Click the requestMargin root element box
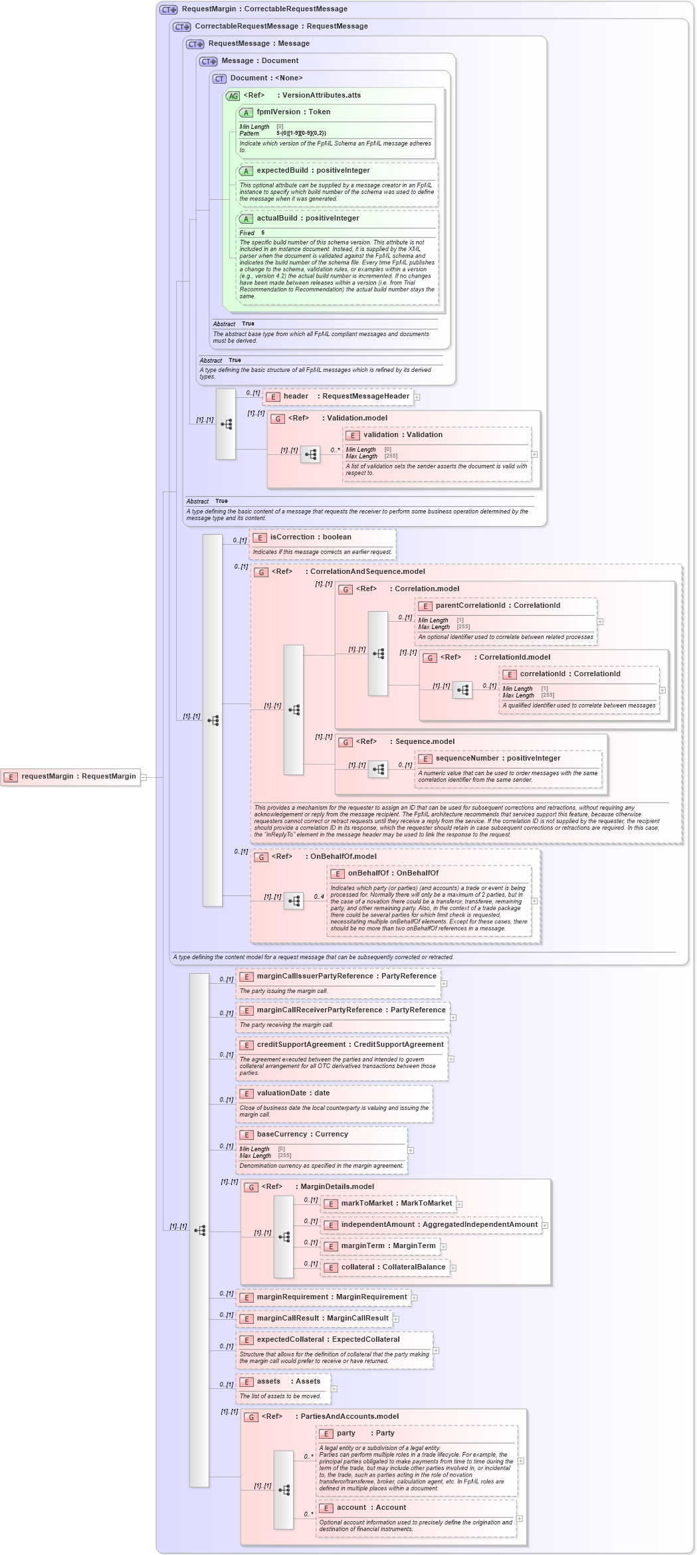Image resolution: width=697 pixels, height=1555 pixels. click(70, 777)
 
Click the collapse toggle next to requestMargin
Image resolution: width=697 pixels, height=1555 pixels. click(144, 777)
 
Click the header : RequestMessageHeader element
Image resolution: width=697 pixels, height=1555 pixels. click(338, 397)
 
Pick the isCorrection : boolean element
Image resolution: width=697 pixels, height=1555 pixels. click(310, 537)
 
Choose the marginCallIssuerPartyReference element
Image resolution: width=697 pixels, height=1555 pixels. click(338, 976)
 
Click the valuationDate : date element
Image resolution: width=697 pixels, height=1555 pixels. click(293, 1093)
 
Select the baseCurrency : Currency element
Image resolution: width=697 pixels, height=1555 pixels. click(302, 1135)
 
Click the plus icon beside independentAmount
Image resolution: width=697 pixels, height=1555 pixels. click(545, 1226)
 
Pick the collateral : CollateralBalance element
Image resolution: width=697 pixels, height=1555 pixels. click(385, 1267)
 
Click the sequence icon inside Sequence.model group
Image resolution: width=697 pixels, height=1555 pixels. click(378, 769)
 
